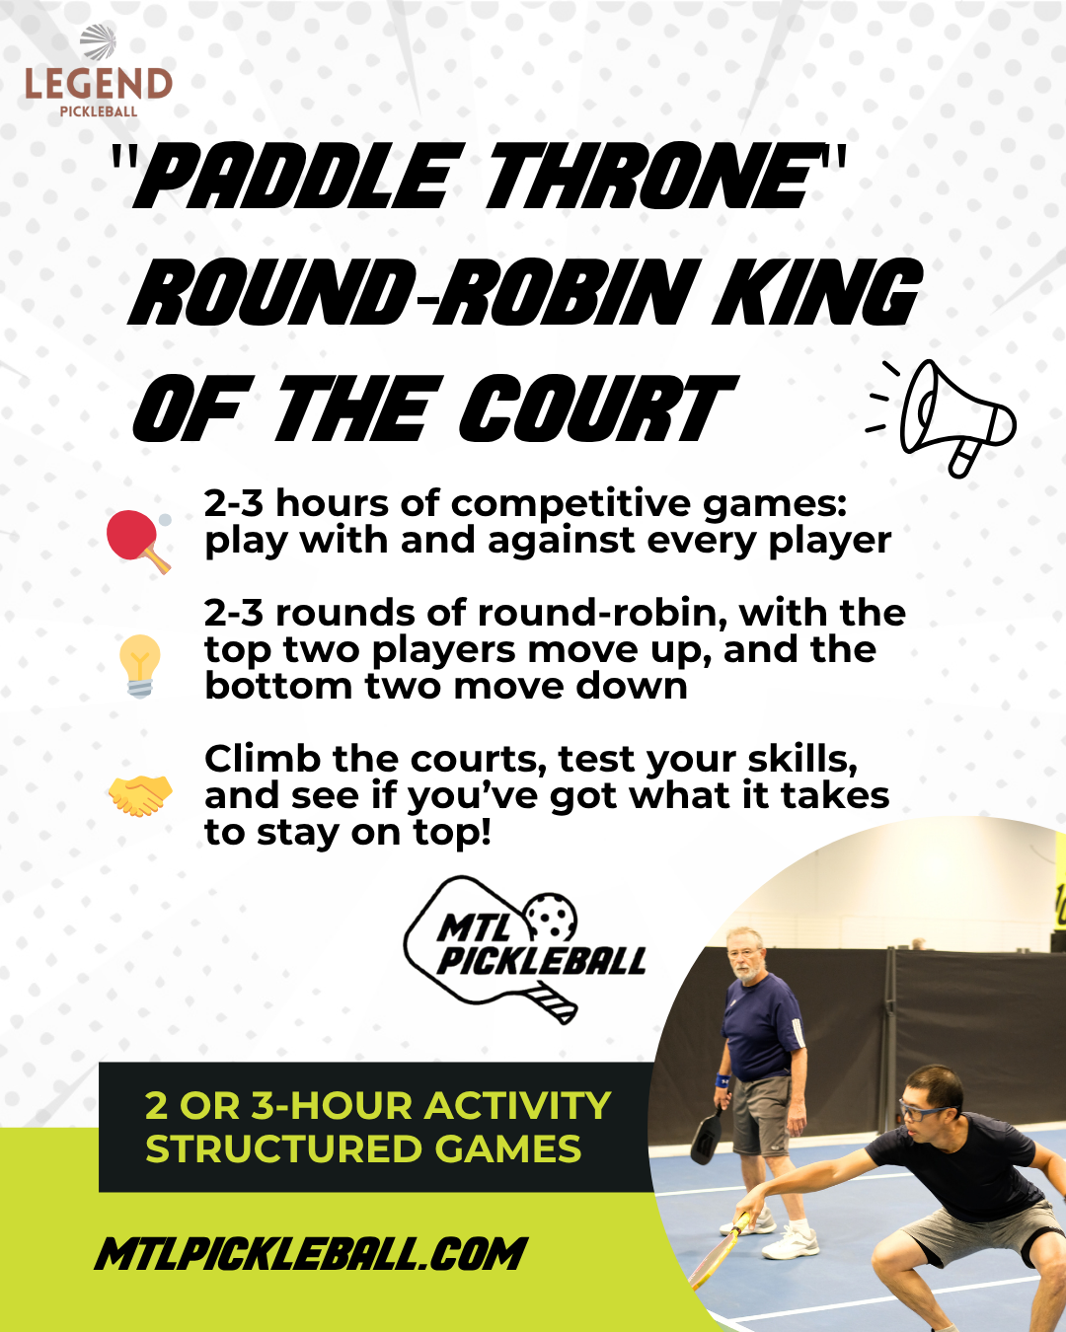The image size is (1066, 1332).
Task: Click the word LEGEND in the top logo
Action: pos(99,84)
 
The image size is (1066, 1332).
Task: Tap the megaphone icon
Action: pos(942,417)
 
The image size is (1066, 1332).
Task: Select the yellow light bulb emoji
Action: pos(140,666)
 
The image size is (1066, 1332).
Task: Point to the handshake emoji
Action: pos(140,795)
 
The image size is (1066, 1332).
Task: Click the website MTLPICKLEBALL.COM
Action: pos(310,1255)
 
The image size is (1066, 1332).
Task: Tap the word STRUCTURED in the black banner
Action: pos(284,1149)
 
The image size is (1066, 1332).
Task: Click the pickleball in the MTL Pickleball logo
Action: pos(551,919)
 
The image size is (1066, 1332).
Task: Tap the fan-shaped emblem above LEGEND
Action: pos(99,42)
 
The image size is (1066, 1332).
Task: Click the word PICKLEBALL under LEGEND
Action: pos(99,112)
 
